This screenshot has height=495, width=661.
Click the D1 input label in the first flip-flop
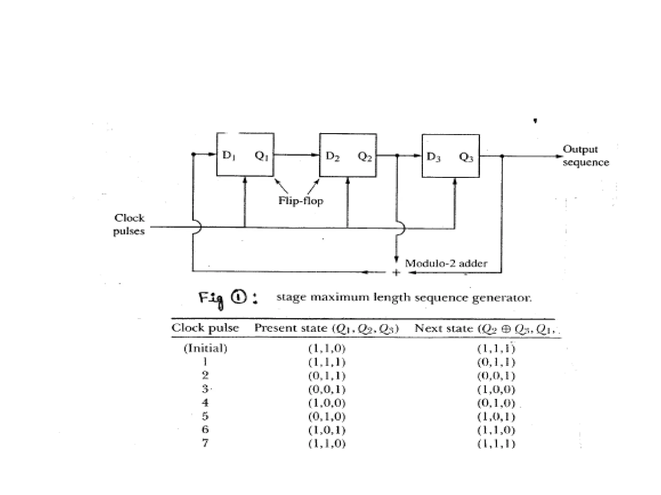click(229, 155)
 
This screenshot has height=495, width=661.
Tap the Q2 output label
click(365, 156)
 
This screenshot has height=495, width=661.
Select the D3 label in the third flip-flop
click(433, 157)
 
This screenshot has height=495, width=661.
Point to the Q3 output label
click(466, 157)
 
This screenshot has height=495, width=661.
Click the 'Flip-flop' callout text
click(300, 201)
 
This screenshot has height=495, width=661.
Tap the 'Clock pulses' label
click(129, 224)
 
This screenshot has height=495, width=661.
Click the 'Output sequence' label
click(585, 156)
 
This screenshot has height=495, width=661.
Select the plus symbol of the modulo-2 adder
click(396, 273)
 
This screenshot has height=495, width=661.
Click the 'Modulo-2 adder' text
click(446, 263)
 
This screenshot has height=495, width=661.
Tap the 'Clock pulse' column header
click(205, 328)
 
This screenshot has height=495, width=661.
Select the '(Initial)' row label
click(206, 348)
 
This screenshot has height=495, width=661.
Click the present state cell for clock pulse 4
click(327, 403)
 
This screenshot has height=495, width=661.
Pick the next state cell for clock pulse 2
click(496, 376)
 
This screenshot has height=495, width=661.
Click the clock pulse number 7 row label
click(205, 443)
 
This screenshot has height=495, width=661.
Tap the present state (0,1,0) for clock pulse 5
click(327, 416)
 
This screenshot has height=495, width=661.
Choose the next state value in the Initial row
click(496, 348)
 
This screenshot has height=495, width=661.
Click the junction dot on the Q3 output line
click(502, 156)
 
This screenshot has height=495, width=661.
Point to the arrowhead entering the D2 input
click(315, 155)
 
